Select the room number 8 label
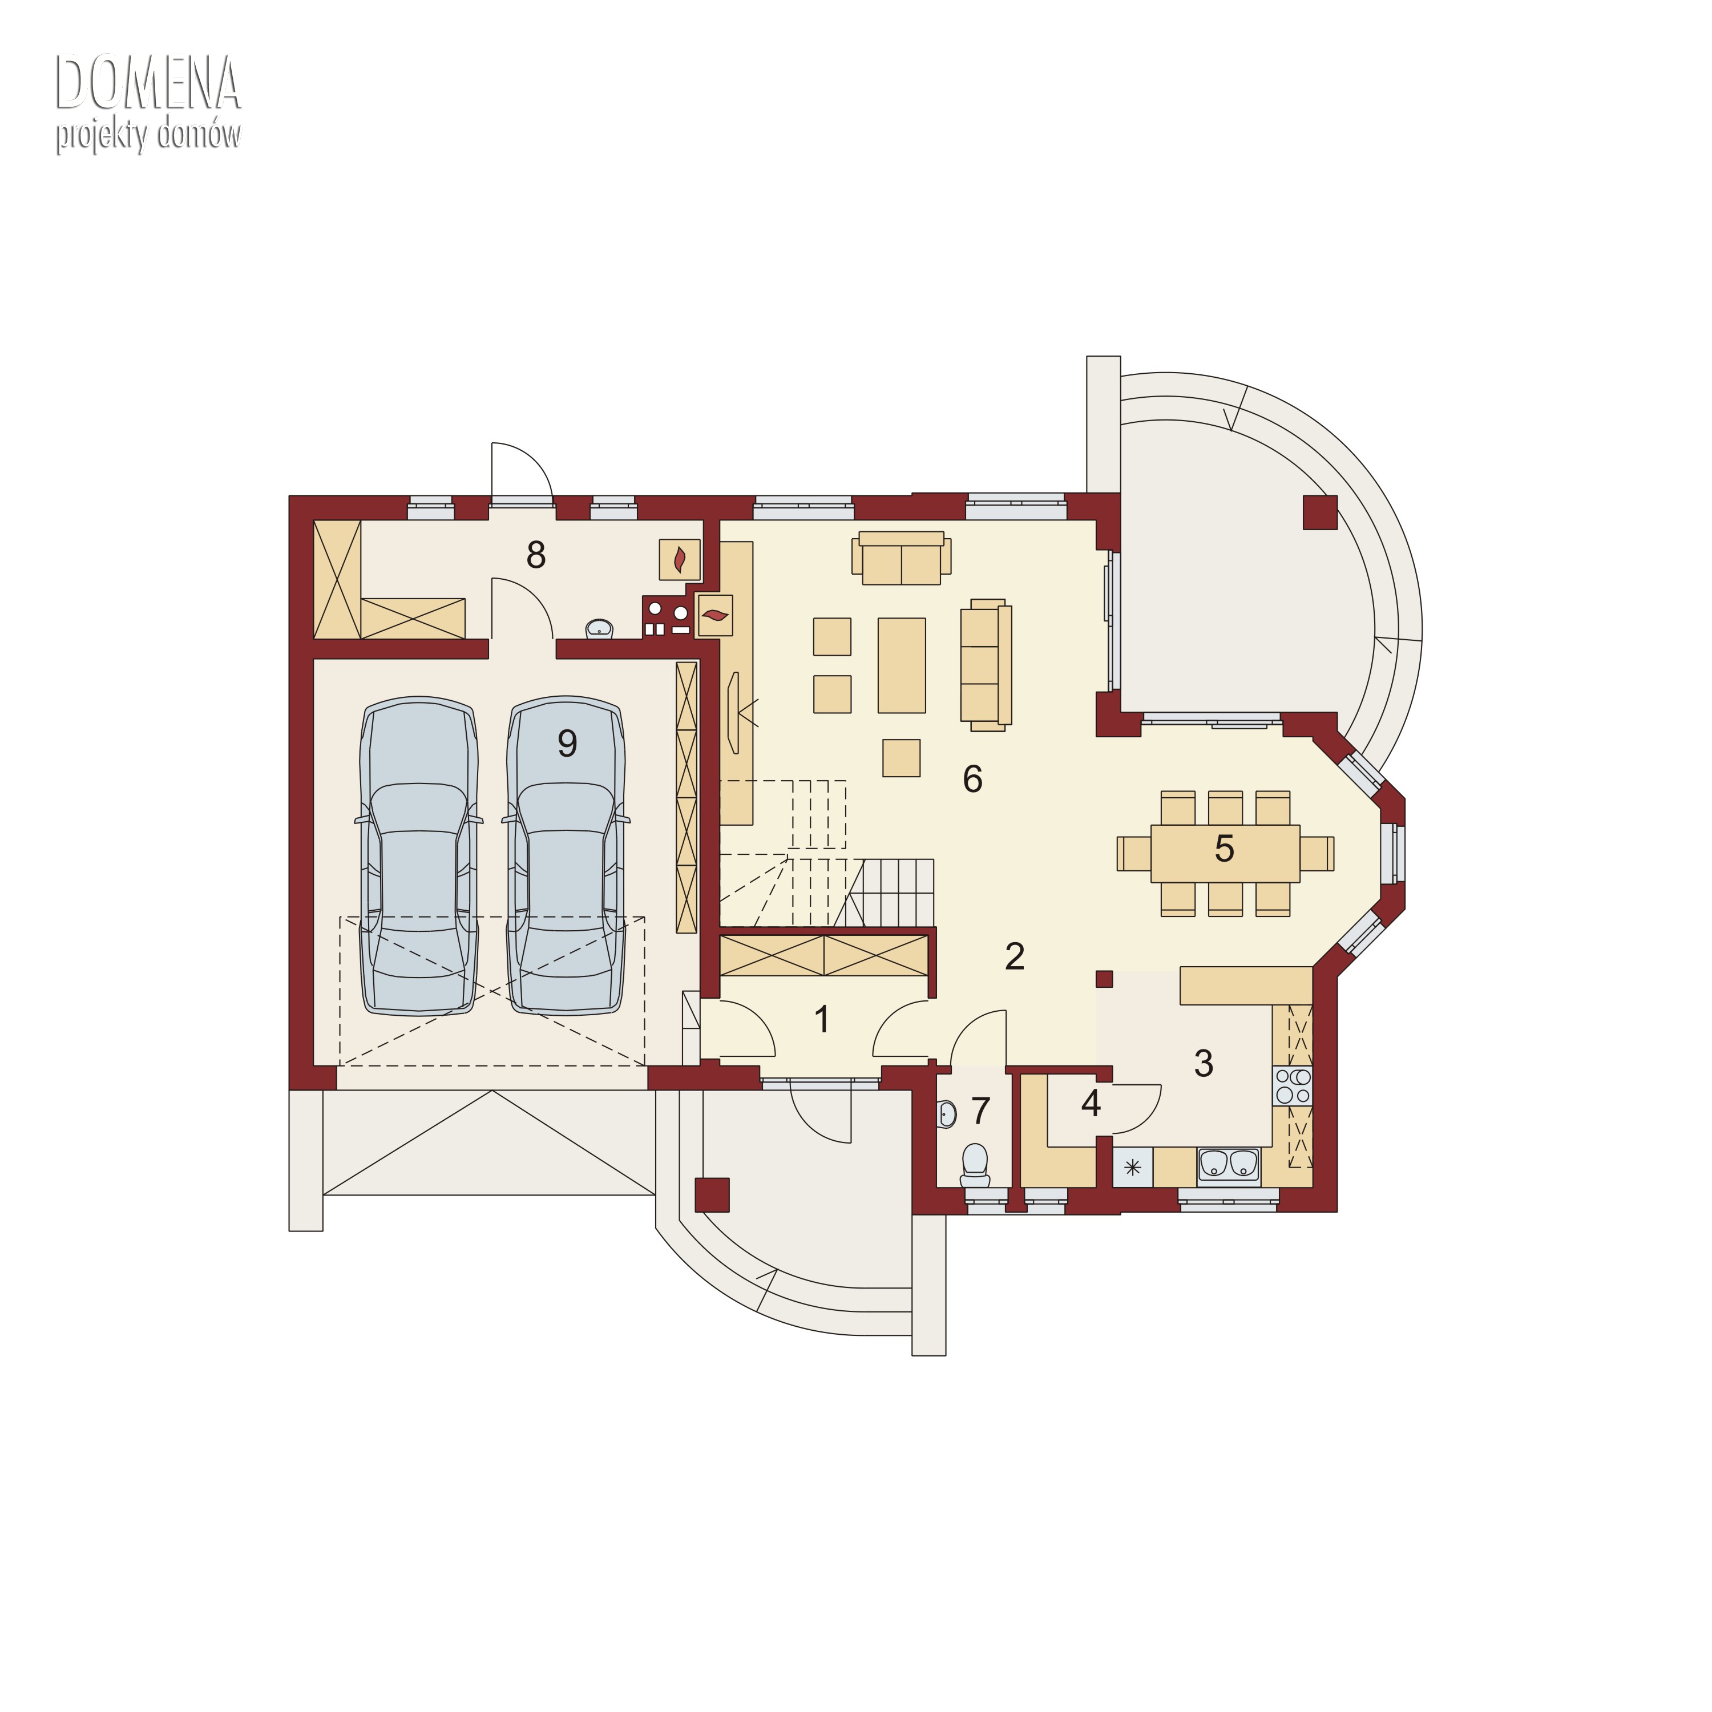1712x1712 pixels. [x=535, y=555]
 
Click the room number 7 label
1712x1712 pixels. [x=980, y=1111]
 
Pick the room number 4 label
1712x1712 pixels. [x=1091, y=1103]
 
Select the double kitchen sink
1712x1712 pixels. [x=1228, y=1165]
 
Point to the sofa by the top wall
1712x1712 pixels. [x=901, y=558]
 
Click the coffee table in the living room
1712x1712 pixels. [x=901, y=665]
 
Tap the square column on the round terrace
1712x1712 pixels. [x=1319, y=512]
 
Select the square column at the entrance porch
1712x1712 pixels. [x=712, y=1194]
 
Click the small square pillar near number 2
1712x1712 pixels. [x=1104, y=978]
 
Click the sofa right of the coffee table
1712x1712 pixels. [x=986, y=665]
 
